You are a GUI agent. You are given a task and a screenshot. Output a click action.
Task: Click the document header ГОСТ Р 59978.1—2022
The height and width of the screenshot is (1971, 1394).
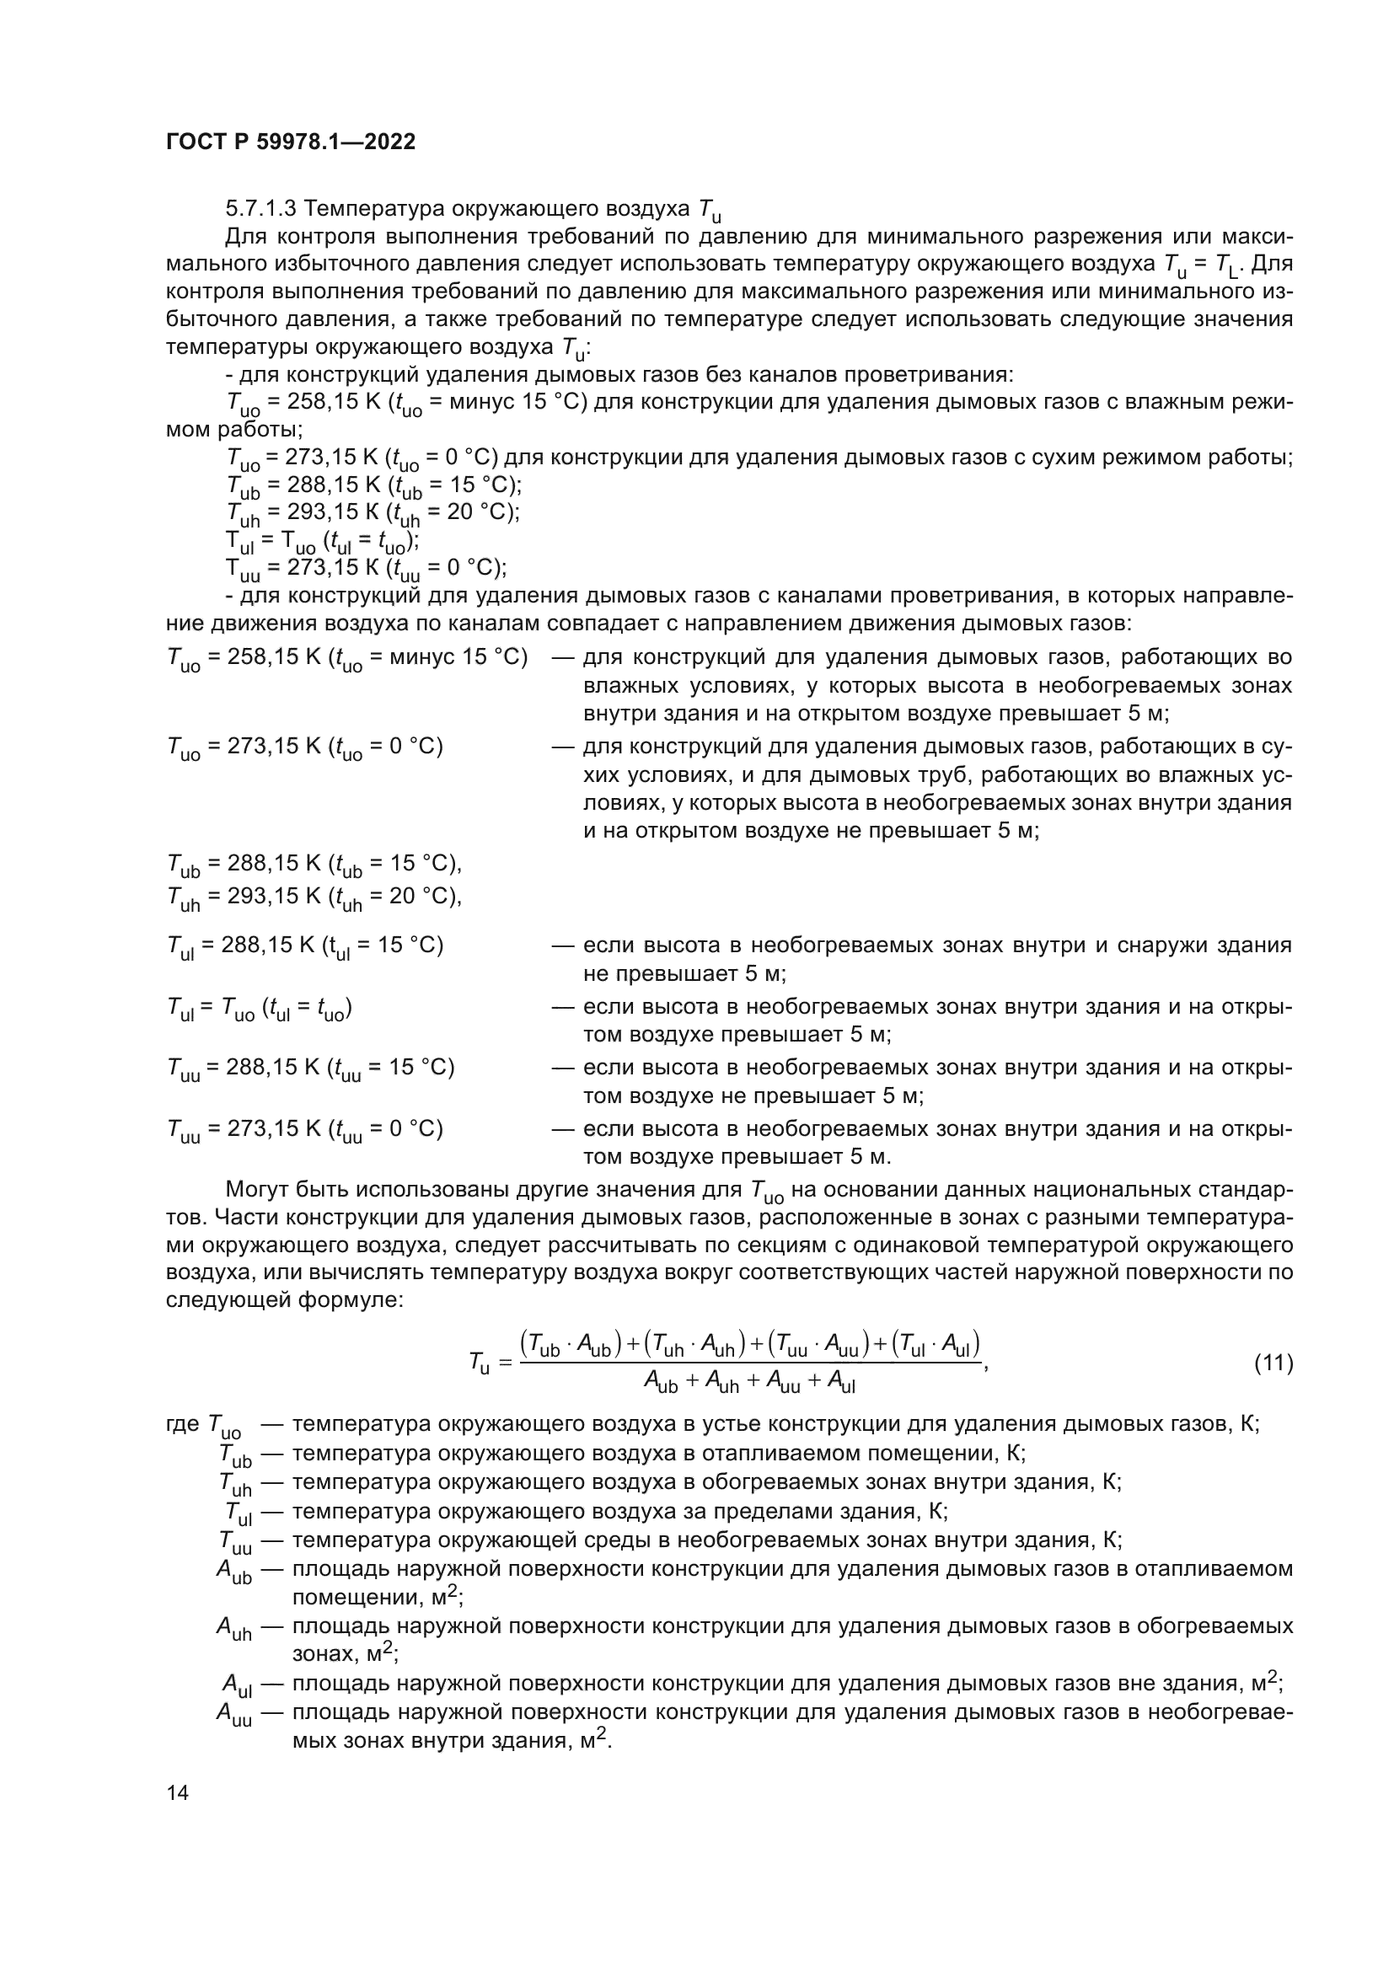290,142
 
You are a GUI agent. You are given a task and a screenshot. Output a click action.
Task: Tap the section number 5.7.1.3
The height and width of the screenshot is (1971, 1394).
261,209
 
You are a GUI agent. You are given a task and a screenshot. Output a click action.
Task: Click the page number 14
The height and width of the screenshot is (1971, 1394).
178,1792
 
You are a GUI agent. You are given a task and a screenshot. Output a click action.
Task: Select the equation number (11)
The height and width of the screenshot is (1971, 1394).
1273,1363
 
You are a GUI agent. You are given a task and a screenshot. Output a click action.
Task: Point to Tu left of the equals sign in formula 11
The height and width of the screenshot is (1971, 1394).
479,1363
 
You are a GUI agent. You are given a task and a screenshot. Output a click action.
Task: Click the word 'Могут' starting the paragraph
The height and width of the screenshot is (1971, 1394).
258,1190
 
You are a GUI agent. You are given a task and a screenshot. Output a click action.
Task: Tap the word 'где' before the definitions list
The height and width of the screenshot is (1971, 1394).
182,1424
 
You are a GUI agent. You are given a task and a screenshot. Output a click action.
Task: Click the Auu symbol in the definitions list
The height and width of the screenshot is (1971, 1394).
234,1713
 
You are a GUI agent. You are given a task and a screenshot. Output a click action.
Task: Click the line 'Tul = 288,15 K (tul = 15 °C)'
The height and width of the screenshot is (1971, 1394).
305,946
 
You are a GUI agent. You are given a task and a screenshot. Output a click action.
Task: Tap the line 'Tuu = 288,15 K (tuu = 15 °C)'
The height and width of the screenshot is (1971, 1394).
310,1068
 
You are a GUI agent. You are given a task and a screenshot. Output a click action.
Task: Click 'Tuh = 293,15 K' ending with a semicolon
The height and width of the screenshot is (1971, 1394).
373,512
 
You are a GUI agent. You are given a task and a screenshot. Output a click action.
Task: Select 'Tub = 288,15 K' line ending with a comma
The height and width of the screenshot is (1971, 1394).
314,864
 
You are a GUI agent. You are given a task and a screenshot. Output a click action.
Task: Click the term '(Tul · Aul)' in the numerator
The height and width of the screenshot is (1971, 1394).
936,1343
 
